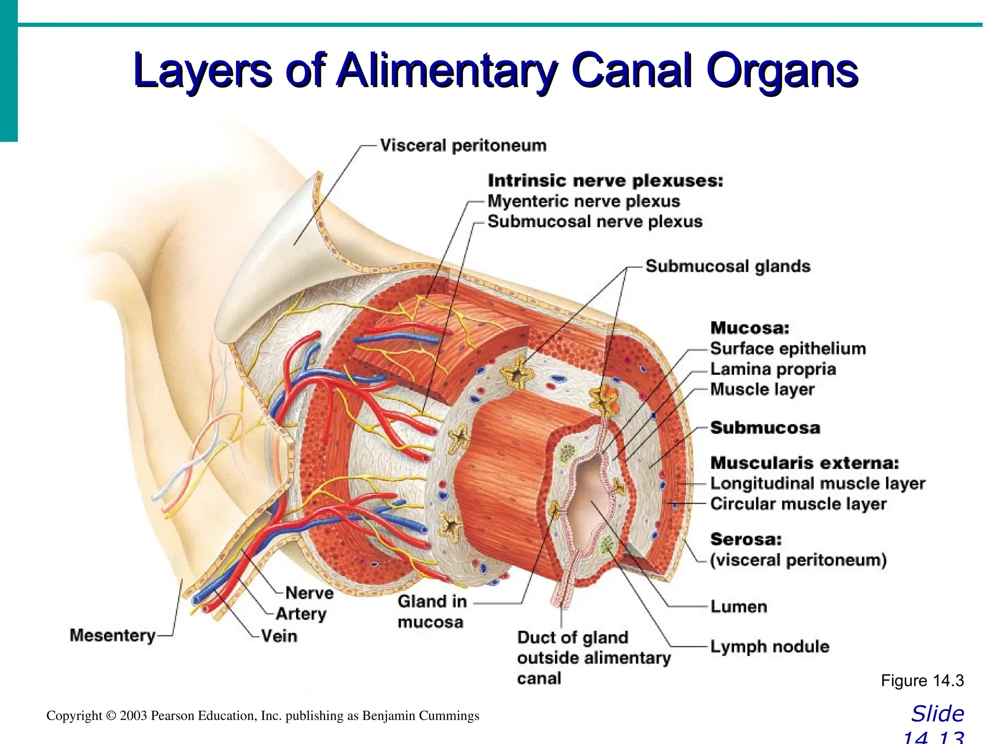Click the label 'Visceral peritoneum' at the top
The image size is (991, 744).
pyautogui.click(x=463, y=145)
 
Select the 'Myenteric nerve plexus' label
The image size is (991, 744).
pyautogui.click(x=583, y=201)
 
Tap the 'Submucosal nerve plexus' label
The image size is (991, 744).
pyautogui.click(x=595, y=222)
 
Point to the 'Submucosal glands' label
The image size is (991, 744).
pyautogui.click(x=728, y=266)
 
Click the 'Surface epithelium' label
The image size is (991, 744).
pyautogui.click(x=788, y=349)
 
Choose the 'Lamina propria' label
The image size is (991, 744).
pyautogui.click(x=773, y=369)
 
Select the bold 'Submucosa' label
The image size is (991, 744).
pyautogui.click(x=765, y=428)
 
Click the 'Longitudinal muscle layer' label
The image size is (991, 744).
pyautogui.click(x=817, y=483)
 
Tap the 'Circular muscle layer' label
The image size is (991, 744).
pyautogui.click(x=798, y=504)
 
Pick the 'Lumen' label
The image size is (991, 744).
pyautogui.click(x=738, y=606)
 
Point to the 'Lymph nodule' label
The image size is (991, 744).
pyautogui.click(x=769, y=647)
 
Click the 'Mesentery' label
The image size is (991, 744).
pyautogui.click(x=112, y=635)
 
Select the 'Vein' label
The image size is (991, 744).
pyautogui.click(x=279, y=635)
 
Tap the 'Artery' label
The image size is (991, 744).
pyautogui.click(x=301, y=614)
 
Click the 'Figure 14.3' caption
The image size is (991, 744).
pyautogui.click(x=922, y=681)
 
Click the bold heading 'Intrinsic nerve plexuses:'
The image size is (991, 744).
pyautogui.click(x=605, y=181)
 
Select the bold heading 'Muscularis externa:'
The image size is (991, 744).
pyautogui.click(x=804, y=463)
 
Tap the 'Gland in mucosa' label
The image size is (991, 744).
pyautogui.click(x=432, y=611)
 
